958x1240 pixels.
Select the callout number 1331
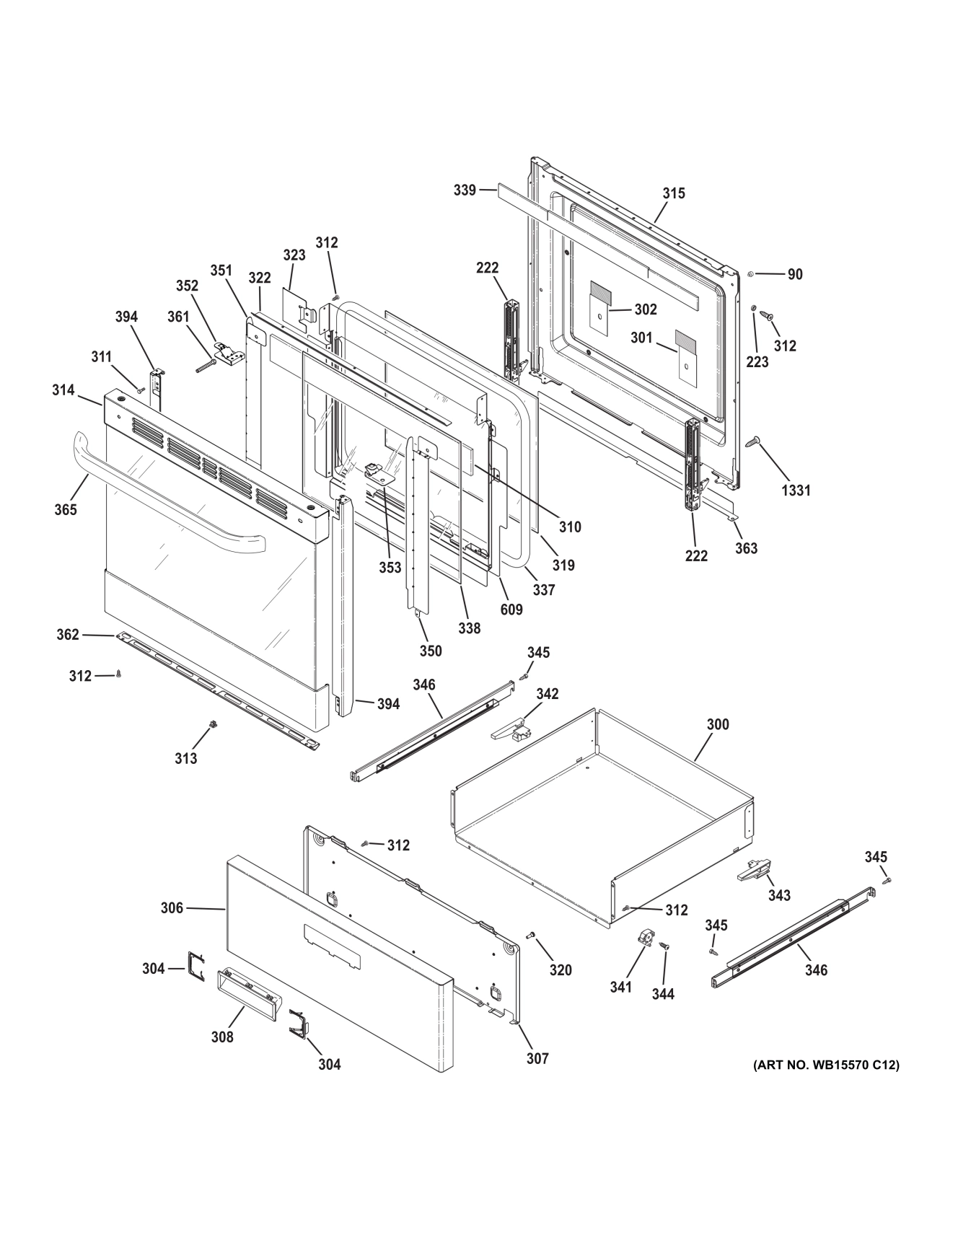[x=796, y=491]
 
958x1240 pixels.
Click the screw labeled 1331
[x=755, y=440]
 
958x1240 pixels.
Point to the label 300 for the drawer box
[x=717, y=724]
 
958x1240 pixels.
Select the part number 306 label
[x=172, y=908]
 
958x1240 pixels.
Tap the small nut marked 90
[x=751, y=274]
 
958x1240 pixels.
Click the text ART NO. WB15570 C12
[x=826, y=1065]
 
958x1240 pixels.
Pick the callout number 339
[x=465, y=190]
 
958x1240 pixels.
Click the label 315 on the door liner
[x=674, y=193]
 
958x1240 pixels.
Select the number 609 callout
[x=511, y=610]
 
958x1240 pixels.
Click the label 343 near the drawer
[x=779, y=895]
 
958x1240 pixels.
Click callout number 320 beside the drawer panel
[x=561, y=970]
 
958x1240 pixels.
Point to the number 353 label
[x=390, y=568]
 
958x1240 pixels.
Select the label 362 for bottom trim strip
[x=68, y=635]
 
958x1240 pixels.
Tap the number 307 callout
[x=537, y=1058]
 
